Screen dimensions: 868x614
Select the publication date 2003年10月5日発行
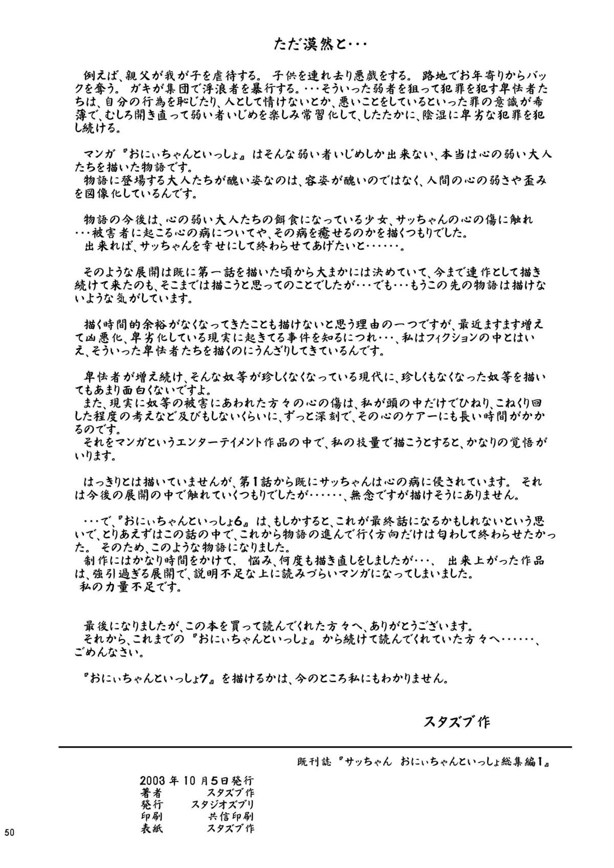coord(196,781)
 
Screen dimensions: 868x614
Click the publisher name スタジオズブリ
coord(223,805)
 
